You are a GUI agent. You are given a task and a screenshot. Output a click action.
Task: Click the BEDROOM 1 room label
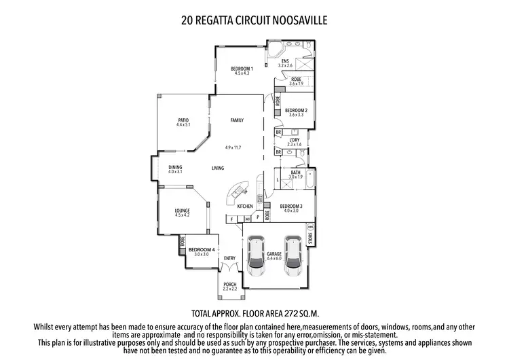click(242, 68)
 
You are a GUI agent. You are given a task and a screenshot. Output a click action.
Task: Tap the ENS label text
click(285, 60)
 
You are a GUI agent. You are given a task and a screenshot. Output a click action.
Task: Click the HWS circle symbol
click(311, 226)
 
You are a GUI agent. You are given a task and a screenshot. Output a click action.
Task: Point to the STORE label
click(311, 238)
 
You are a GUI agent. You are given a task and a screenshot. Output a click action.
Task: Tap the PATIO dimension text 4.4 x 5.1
click(183, 125)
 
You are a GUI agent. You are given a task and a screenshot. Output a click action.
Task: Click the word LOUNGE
click(182, 211)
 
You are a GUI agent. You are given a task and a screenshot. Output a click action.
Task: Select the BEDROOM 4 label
click(202, 249)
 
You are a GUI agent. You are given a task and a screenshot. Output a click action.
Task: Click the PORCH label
click(230, 284)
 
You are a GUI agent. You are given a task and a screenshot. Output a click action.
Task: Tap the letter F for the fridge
click(231, 219)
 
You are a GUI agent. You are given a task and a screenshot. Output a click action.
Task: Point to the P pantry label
click(258, 218)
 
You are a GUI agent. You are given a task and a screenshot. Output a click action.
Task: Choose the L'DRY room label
click(294, 139)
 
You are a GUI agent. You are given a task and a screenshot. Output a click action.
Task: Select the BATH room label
click(295, 173)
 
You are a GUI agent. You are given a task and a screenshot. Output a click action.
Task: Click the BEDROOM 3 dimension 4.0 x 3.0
click(290, 210)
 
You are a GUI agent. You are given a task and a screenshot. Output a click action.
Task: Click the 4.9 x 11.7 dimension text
click(233, 147)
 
